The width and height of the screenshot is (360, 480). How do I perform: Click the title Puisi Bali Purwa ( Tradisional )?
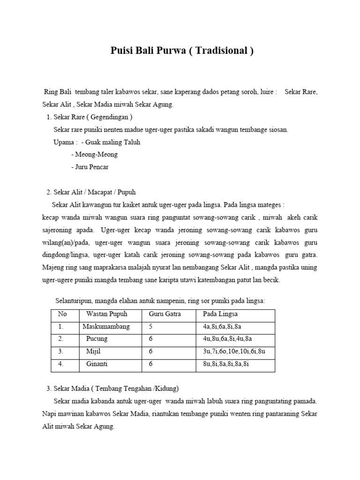[x=182, y=51]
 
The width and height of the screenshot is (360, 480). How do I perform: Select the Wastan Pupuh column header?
[x=106, y=314]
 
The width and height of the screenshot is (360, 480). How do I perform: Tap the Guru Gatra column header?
[x=165, y=314]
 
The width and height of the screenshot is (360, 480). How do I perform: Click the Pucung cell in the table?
[x=97, y=338]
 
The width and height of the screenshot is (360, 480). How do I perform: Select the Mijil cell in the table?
[x=94, y=351]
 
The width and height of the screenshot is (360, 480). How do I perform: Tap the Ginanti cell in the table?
[x=97, y=363]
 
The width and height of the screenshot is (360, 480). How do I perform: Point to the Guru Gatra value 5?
[x=150, y=326]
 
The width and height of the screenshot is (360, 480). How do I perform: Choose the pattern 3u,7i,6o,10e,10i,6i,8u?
[x=234, y=351]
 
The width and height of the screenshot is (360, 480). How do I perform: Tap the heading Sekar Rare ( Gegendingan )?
[x=93, y=117]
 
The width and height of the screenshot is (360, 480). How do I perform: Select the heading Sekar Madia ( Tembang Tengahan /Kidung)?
[x=116, y=389]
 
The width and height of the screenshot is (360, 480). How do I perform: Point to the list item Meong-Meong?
[x=94, y=154]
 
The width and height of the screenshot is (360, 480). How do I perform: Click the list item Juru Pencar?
[x=92, y=166]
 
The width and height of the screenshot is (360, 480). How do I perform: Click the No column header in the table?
[x=62, y=314]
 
